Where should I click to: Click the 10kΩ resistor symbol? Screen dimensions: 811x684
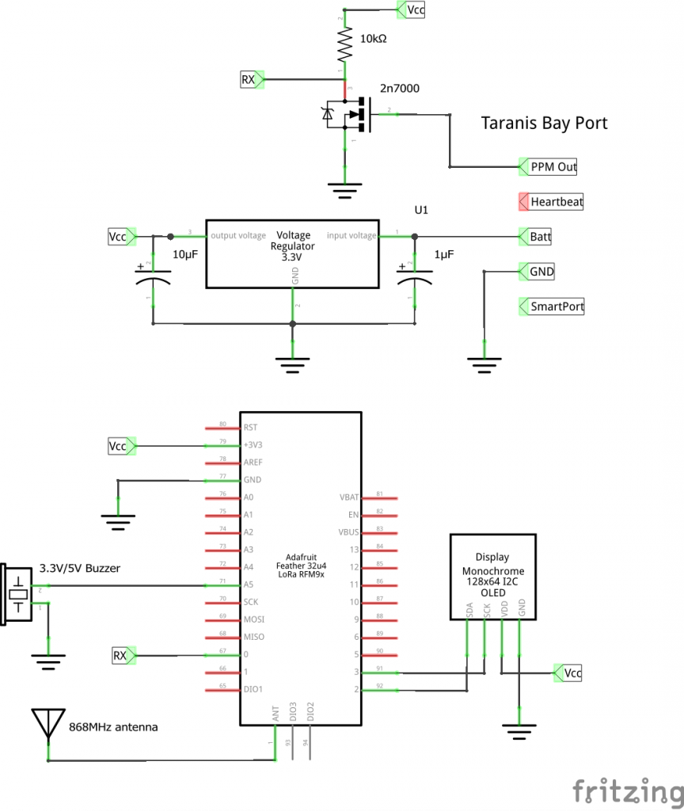pyautogui.click(x=344, y=46)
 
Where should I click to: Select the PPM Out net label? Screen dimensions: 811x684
pyautogui.click(x=553, y=167)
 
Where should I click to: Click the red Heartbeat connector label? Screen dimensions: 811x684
pyautogui.click(x=556, y=202)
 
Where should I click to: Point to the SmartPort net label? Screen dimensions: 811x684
pyautogui.click(x=557, y=307)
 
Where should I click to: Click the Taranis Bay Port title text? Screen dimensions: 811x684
pyautogui.click(x=544, y=124)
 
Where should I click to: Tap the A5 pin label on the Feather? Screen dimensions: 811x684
pyautogui.click(x=249, y=584)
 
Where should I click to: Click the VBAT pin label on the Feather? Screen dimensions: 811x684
pyautogui.click(x=349, y=497)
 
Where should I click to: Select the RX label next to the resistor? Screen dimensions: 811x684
pyautogui.click(x=251, y=79)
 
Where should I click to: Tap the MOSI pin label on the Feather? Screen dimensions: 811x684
pyautogui.click(x=254, y=619)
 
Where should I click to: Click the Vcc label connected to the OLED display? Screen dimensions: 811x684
pyautogui.click(x=571, y=672)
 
